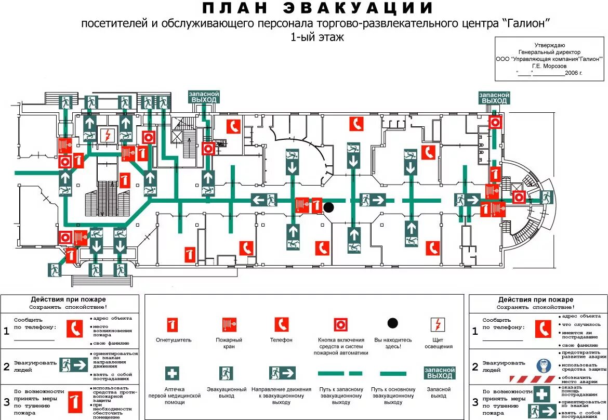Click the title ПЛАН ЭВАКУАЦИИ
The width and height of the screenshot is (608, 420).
317,9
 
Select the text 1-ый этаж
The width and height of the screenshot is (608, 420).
317,37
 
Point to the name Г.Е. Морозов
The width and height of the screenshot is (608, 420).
550,66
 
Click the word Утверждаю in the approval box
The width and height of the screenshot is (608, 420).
550,45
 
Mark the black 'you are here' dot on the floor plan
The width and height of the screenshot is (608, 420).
328,207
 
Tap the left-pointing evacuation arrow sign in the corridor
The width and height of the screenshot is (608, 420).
264,200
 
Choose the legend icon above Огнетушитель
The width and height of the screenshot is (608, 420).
173,325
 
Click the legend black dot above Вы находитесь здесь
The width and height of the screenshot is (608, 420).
392,323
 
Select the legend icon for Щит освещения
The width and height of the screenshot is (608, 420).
437,325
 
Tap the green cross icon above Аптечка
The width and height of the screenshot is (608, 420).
173,373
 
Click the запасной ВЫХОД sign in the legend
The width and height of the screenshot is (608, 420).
440,373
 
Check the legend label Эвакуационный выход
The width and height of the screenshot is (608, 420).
227,392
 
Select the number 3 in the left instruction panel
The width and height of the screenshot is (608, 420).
6,401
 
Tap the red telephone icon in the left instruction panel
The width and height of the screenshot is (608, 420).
75,329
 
